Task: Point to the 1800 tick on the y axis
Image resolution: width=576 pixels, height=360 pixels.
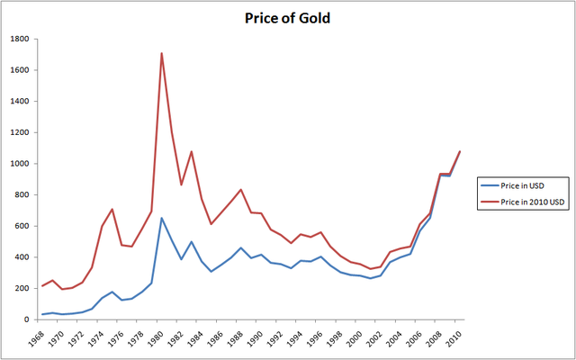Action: [19, 39]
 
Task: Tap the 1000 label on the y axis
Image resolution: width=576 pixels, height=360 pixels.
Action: [19, 164]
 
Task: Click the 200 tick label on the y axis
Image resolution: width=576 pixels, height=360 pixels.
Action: [22, 288]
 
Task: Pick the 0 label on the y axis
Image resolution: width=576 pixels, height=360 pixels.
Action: [27, 319]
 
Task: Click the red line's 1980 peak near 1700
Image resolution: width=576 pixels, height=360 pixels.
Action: [162, 53]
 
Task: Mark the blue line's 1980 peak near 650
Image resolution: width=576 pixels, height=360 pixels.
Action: [162, 218]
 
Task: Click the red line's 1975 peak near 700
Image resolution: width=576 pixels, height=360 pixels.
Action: [112, 209]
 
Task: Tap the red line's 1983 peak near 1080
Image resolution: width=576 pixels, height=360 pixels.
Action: [192, 151]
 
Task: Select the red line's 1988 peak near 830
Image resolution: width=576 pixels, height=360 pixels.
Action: [241, 190]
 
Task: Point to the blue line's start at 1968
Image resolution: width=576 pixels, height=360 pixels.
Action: [42, 314]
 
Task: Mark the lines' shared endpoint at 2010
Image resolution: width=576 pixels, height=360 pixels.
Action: [460, 151]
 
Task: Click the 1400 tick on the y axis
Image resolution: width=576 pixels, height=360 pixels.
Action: [19, 102]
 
